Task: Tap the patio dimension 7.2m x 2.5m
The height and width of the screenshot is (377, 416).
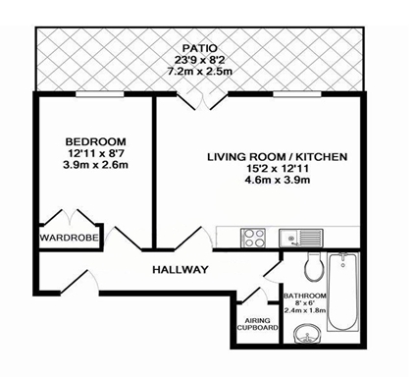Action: [x=202, y=73]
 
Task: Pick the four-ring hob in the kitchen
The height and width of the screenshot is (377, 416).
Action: [x=253, y=237]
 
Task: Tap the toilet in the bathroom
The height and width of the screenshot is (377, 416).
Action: [x=314, y=265]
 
